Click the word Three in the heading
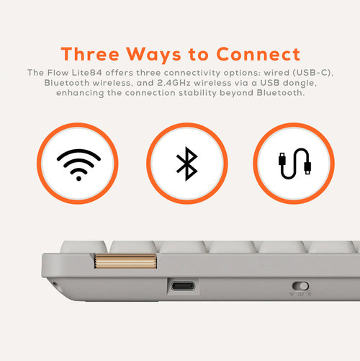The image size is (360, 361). click(90, 54)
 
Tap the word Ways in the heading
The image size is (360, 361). click(153, 55)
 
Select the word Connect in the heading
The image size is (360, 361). click(258, 54)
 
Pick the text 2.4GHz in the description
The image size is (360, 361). click(174, 83)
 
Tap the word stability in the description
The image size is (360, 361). click(197, 93)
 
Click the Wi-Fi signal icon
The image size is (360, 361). click(78, 164)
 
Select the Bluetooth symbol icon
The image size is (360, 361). click(187, 164)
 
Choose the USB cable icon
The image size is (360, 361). click(294, 164)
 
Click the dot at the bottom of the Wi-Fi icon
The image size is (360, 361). click(78, 178)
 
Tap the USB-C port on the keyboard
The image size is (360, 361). click(183, 286)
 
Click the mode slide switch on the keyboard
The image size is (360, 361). click(300, 286)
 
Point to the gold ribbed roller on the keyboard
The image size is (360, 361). click(125, 262)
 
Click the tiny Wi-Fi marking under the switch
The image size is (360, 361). click(292, 294)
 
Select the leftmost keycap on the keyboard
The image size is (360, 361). click(84, 246)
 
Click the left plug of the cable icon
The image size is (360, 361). click(282, 159)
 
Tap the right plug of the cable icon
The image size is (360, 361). click(307, 168)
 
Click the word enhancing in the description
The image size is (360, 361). click(80, 93)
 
